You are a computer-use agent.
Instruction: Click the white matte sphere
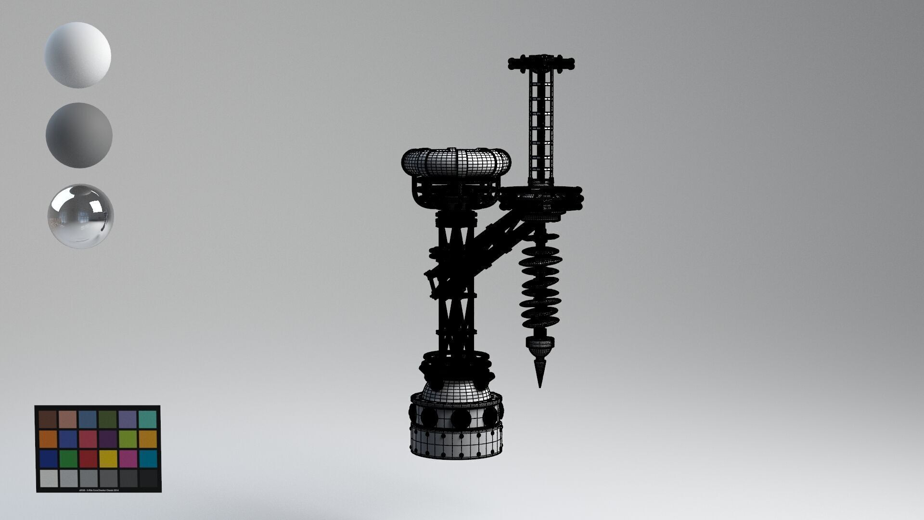tap(78, 54)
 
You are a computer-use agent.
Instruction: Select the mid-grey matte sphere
tap(79, 135)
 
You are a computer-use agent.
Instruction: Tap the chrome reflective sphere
tap(81, 215)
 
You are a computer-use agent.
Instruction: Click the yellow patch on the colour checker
tap(108, 458)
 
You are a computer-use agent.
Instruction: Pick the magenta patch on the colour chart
tap(128, 458)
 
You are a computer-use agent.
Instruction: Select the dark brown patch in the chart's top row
tap(48, 419)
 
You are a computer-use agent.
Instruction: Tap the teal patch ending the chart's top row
tap(148, 419)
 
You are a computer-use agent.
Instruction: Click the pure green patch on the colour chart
tap(68, 458)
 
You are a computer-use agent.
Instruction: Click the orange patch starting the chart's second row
tap(48, 439)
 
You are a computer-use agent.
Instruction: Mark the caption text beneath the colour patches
tap(98, 490)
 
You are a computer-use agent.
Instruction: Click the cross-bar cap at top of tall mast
tap(542, 62)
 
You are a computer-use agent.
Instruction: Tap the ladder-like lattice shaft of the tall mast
tap(542, 125)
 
